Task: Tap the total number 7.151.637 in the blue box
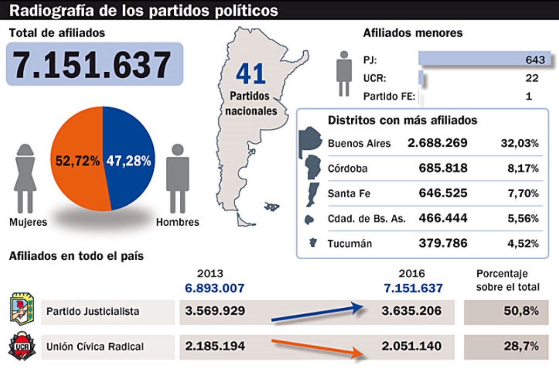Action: pos(93,65)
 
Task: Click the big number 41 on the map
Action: pos(250,74)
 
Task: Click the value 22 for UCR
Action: pos(532,78)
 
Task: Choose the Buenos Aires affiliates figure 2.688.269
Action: pos(437,143)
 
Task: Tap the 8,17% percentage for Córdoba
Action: pos(523,168)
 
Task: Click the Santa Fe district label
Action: pos(349,193)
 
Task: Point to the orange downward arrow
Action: pos(317,348)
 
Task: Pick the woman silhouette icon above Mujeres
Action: pos(25,177)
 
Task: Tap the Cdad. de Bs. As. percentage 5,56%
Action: pos(523,218)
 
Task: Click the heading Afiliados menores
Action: pos(412,33)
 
